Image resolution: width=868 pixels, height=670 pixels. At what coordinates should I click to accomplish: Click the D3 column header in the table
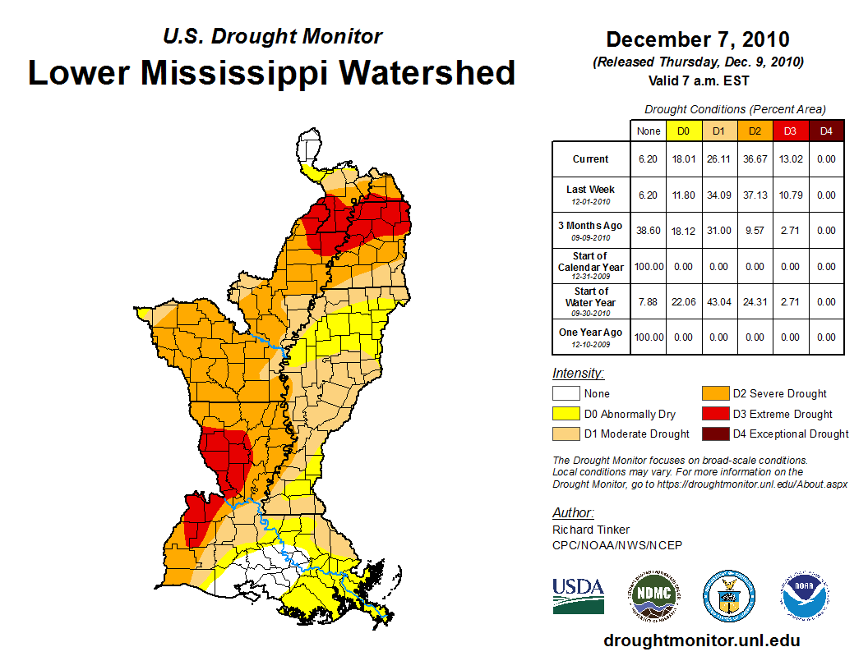point(790,131)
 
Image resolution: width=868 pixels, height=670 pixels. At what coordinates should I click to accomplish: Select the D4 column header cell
point(826,131)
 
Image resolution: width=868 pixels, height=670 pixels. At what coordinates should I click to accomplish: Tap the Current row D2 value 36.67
point(755,159)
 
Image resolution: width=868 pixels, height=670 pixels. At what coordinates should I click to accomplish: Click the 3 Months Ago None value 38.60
point(648,231)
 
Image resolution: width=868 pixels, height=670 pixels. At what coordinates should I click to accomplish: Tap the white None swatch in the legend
point(566,394)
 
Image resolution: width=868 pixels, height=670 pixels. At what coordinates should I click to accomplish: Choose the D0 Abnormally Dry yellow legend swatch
point(566,414)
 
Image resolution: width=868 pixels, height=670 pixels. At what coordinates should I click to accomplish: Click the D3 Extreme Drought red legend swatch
point(714,414)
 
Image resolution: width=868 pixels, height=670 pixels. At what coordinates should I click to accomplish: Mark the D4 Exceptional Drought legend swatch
point(714,434)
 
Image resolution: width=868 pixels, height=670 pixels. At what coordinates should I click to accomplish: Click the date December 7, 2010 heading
point(697,39)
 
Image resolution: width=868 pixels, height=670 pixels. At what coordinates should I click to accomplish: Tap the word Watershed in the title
point(428,73)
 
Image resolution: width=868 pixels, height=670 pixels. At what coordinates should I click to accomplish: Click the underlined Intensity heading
point(578,374)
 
